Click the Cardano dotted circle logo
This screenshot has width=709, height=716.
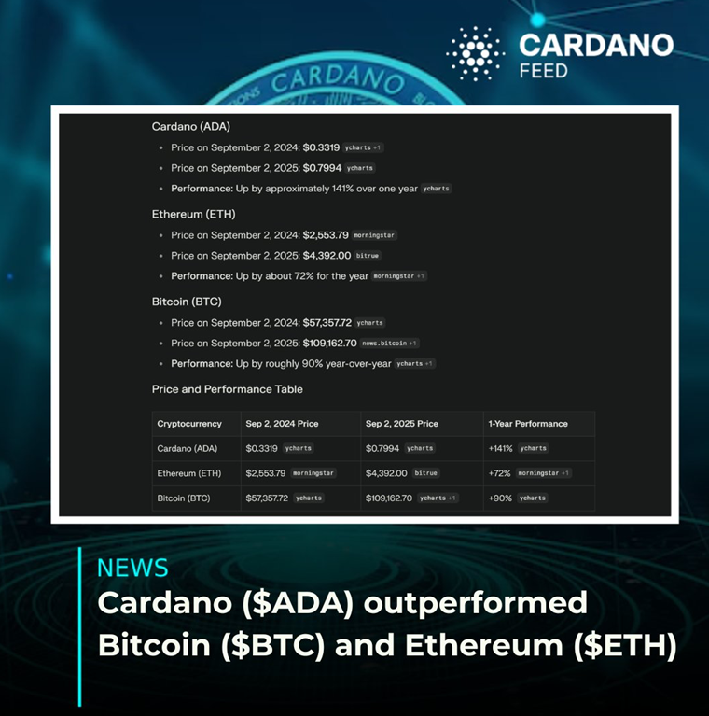point(476,53)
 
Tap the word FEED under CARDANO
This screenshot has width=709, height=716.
point(543,71)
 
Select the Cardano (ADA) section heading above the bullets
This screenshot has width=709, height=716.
point(190,126)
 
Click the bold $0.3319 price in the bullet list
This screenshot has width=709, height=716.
point(321,147)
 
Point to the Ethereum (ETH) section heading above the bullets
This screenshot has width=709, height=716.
point(193,214)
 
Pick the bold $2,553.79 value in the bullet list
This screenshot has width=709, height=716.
point(326,235)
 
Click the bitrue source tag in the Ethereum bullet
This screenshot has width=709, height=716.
point(368,256)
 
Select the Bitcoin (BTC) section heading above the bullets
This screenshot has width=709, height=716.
point(187,302)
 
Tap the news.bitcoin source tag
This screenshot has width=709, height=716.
point(389,343)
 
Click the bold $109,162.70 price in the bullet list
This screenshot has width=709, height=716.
point(330,343)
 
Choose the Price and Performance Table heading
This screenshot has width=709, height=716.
point(228,389)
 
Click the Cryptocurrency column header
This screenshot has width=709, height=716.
point(189,424)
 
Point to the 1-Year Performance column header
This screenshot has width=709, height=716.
point(528,424)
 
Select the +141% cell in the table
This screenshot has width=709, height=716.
point(500,448)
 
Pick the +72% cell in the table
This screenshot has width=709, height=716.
point(500,473)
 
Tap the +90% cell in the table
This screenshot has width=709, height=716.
point(500,498)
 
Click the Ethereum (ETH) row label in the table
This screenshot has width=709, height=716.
point(188,473)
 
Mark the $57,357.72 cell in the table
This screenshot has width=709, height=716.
point(267,498)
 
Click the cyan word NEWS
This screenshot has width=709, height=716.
point(132,568)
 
